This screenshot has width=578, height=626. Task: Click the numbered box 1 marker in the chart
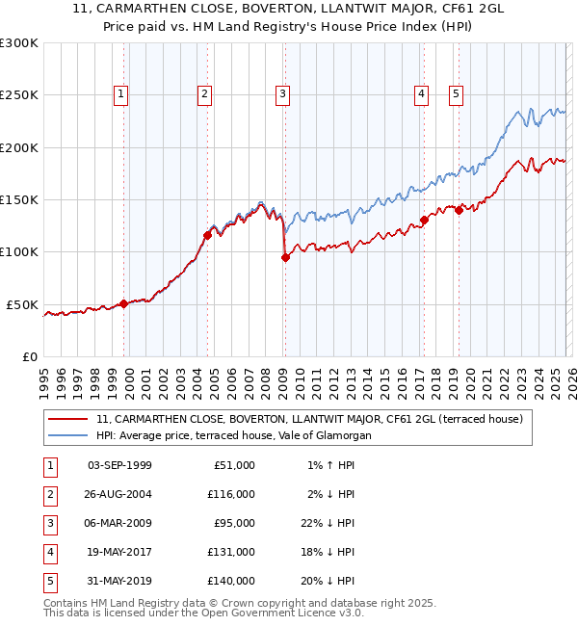tap(120, 93)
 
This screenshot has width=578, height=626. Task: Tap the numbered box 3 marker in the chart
tap(282, 93)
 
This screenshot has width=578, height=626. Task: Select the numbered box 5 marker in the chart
tap(455, 93)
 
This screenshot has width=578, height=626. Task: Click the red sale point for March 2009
tap(285, 257)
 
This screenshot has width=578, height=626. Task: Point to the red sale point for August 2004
tap(207, 234)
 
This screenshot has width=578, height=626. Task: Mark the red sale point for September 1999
tap(123, 303)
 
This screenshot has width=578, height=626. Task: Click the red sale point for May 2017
tap(424, 221)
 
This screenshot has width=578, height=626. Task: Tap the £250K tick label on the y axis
tap(19, 95)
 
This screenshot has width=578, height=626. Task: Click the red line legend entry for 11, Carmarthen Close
tap(308, 419)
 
